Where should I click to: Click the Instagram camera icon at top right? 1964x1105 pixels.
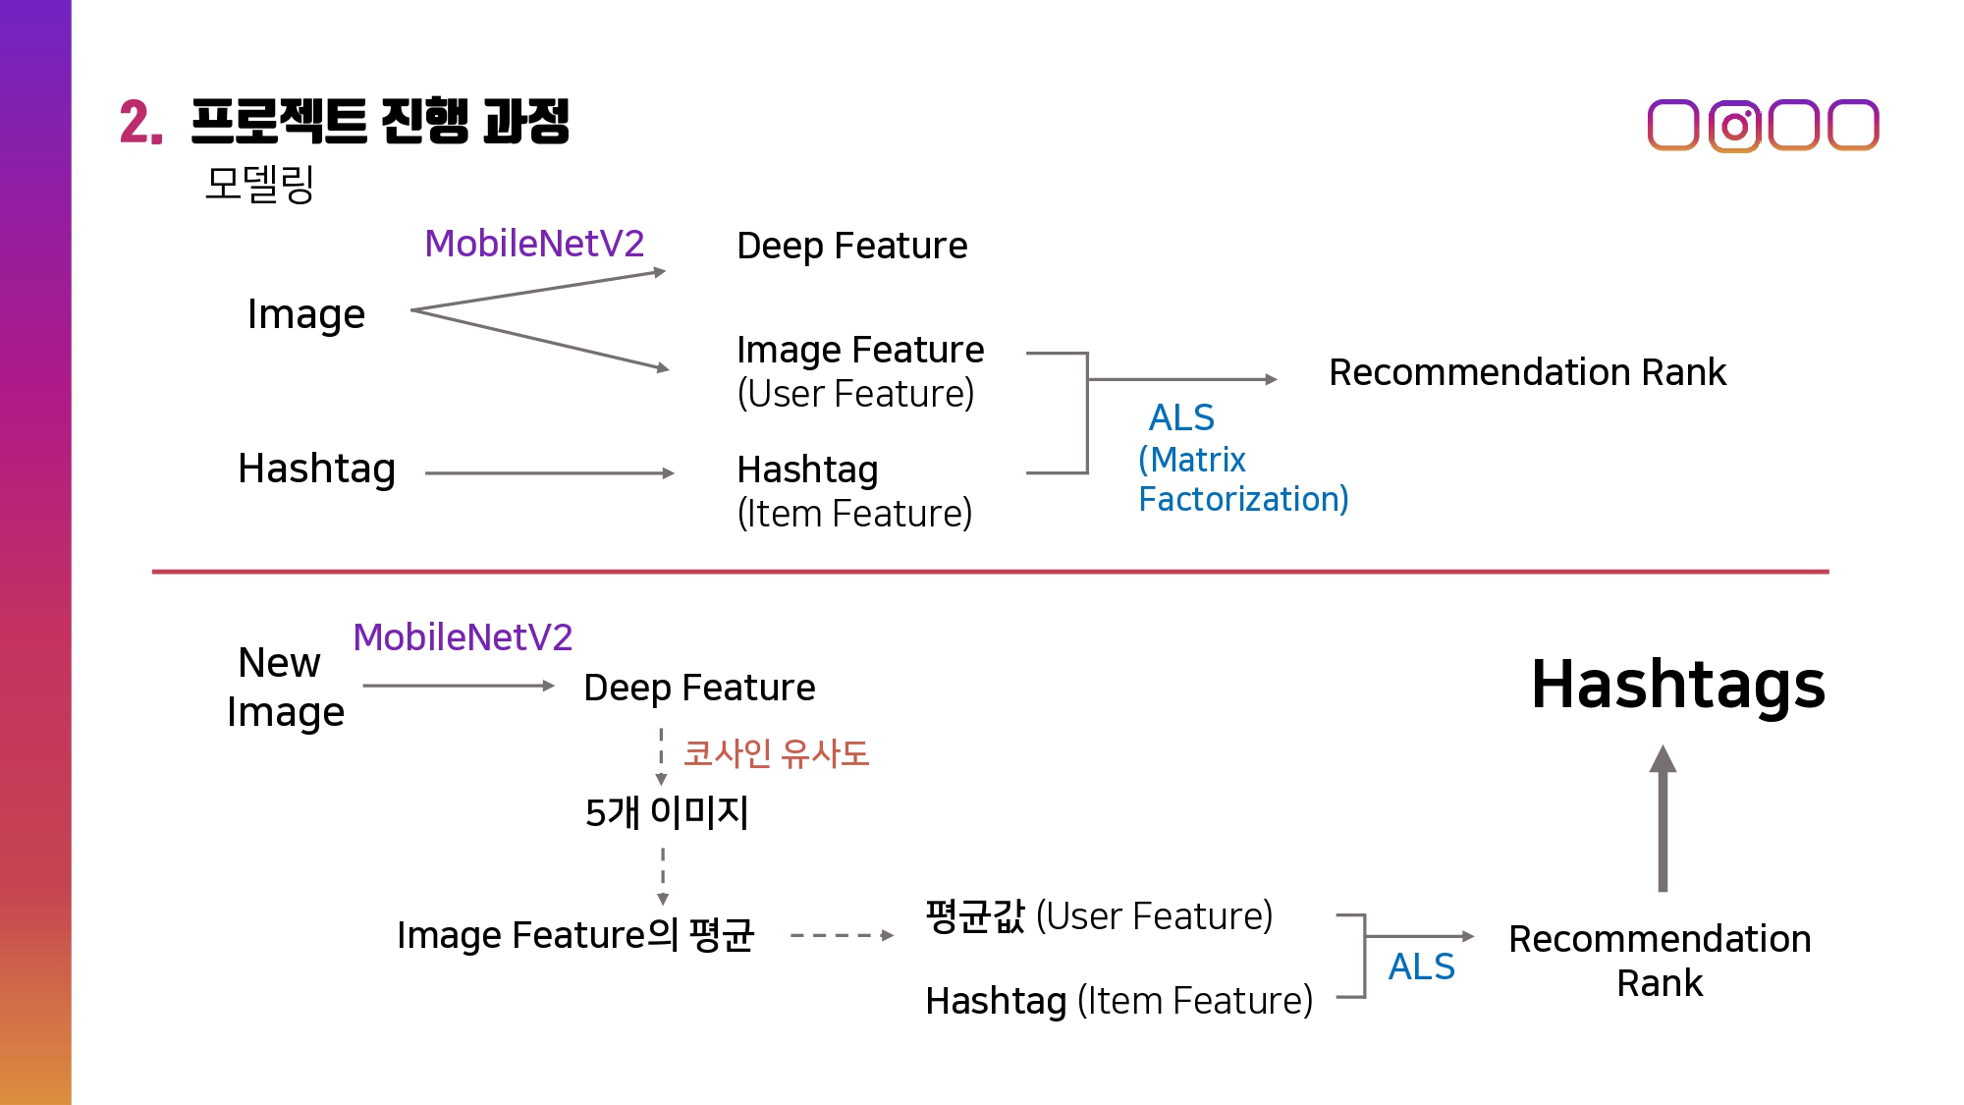[1734, 126]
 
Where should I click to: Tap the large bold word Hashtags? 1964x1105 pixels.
[1677, 685]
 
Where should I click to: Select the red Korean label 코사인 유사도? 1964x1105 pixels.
[776, 753]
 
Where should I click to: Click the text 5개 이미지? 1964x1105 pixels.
[667, 812]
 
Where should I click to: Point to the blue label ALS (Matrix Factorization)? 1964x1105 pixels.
[1241, 459]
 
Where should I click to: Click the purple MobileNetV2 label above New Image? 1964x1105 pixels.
[463, 637]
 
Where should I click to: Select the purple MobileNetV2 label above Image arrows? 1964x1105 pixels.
[534, 244]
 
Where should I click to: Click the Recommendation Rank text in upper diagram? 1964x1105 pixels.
[1526, 372]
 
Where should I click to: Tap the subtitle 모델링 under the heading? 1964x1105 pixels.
[259, 184]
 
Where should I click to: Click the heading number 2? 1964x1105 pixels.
[140, 124]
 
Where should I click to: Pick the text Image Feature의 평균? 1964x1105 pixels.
[575, 935]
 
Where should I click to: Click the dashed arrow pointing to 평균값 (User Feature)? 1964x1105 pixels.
[842, 935]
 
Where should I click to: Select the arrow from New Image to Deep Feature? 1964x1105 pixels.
[458, 686]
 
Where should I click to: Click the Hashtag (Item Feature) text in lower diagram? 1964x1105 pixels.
[1118, 1001]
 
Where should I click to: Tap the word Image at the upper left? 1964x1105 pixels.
[306, 314]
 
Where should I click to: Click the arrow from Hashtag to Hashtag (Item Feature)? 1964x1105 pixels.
[549, 473]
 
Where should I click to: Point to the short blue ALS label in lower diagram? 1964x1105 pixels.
[1420, 967]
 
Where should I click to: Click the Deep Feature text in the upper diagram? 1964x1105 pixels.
[851, 246]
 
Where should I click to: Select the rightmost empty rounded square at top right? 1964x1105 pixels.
[1853, 126]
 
